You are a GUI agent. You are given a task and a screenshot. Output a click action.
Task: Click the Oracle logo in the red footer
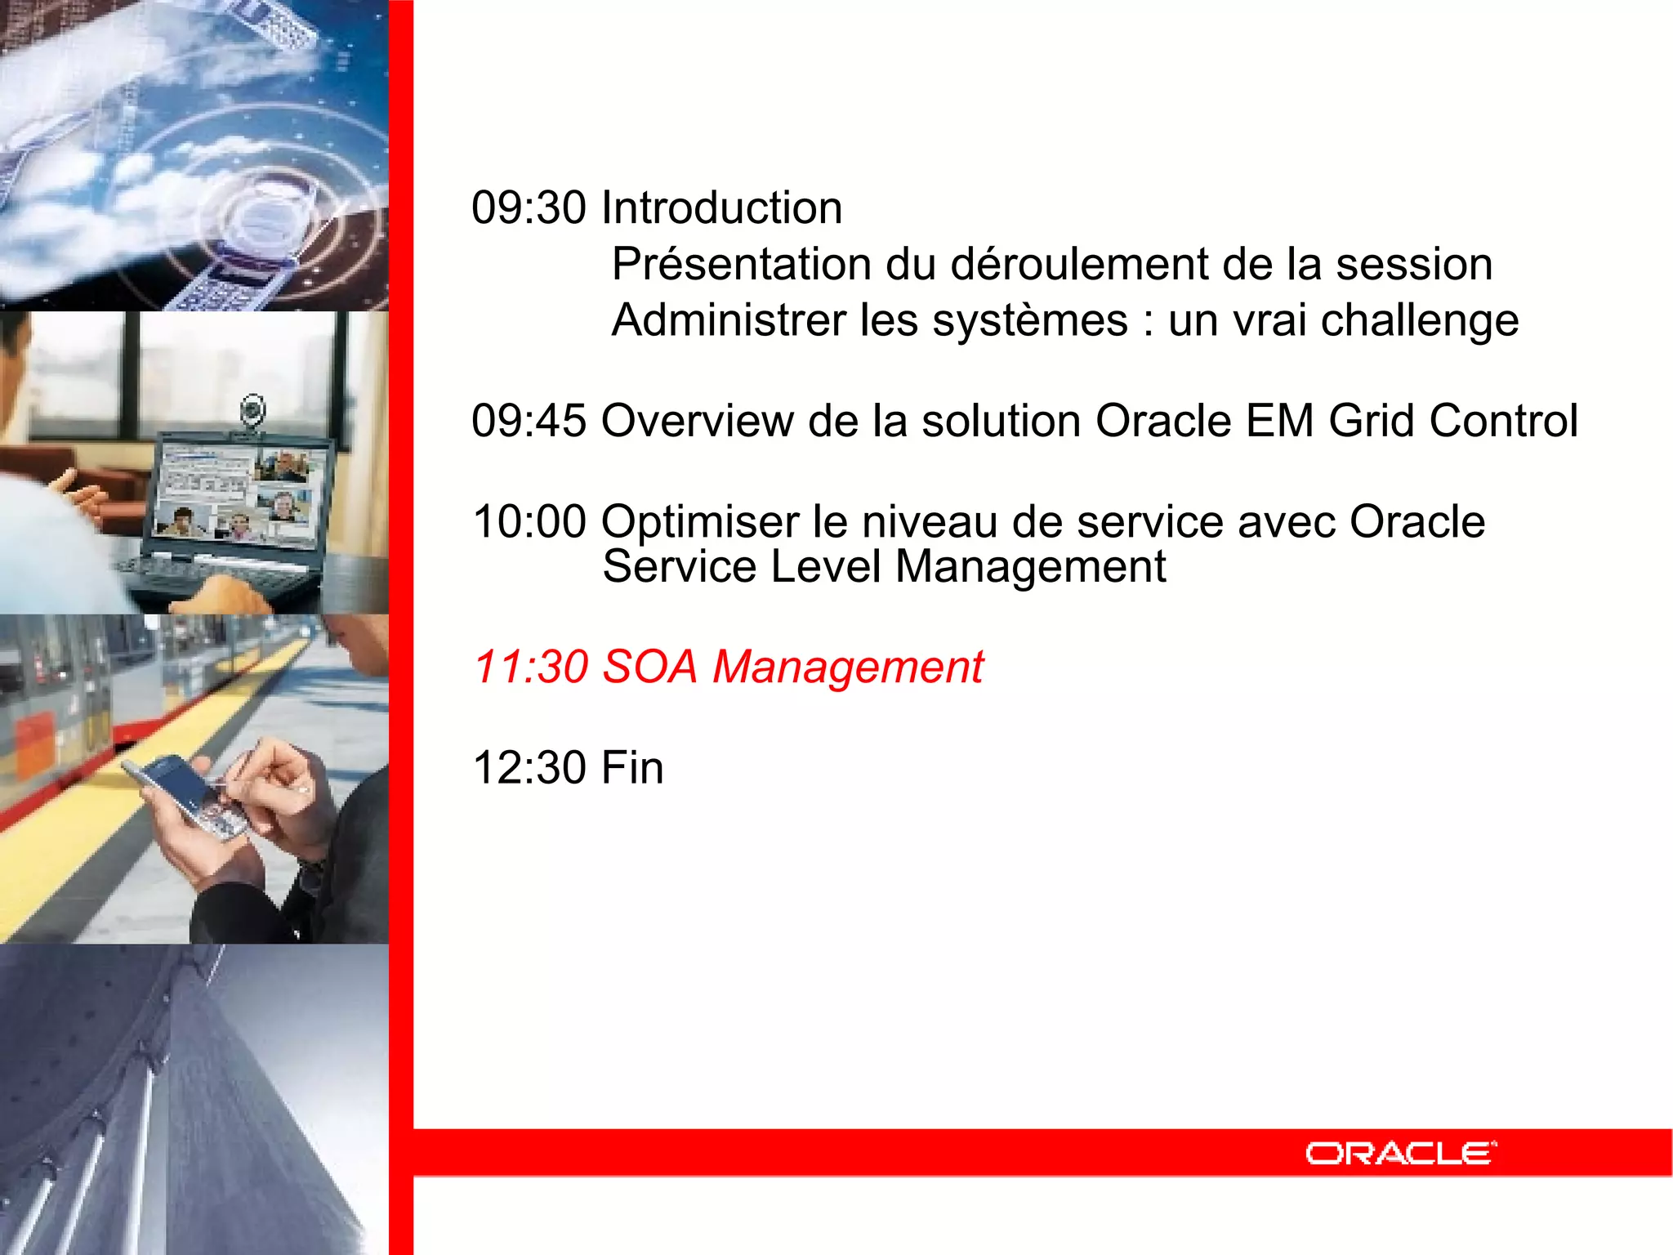[1400, 1153]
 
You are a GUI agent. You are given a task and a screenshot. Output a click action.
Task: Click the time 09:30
[529, 208]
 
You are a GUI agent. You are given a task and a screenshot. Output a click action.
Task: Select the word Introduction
[721, 208]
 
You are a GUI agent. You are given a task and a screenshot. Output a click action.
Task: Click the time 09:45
[529, 422]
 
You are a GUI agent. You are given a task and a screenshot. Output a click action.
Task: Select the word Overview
[697, 422]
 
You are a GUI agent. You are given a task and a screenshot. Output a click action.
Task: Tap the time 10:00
[529, 522]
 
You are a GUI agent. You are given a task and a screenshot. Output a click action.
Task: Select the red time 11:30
[531, 667]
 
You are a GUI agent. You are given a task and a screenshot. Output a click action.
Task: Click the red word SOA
[649, 667]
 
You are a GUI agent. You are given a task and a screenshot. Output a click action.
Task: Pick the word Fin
[631, 768]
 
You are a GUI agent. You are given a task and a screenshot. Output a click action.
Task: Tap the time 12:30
[529, 768]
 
